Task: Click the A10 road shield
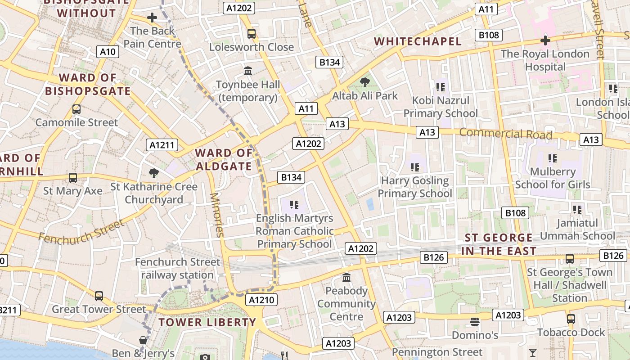(108, 52)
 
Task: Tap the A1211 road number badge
(162, 145)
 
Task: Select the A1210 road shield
(261, 300)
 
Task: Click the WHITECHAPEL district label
(418, 42)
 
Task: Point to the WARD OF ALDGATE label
(224, 160)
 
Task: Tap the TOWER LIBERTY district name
(207, 323)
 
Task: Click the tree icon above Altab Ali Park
(364, 82)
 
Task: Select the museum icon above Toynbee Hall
(248, 71)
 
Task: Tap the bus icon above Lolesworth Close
(252, 34)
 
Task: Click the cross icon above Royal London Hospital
(545, 41)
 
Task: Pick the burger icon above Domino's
(475, 322)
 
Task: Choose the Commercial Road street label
(505, 134)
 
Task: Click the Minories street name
(216, 215)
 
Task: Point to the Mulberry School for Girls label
(553, 178)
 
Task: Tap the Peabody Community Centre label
(346, 304)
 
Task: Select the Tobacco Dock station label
(571, 333)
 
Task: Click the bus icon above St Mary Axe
(73, 178)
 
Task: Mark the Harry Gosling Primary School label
(415, 187)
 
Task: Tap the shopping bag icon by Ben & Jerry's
(143, 340)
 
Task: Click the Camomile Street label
(76, 122)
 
